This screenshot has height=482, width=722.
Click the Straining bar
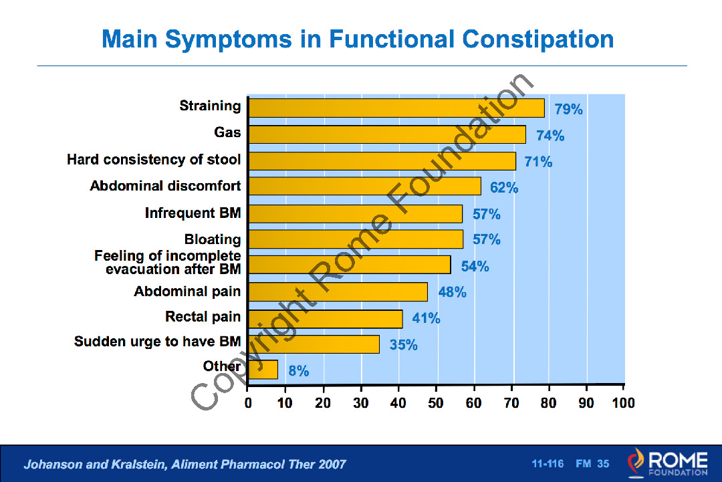coord(396,108)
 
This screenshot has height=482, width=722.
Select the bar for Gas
coord(386,134)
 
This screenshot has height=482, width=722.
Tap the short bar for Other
coord(262,370)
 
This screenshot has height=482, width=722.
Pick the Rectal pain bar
coord(325,319)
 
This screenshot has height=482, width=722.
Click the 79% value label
coord(568,109)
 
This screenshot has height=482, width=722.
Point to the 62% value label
coord(504,188)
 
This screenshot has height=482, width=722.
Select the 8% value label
coord(299,371)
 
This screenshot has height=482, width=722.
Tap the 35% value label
coord(404,345)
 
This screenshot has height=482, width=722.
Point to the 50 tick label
coord(437,403)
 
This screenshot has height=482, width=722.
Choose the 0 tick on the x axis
coord(248,403)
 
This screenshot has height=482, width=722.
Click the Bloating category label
coord(213,239)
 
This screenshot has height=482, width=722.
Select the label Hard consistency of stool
coord(154,160)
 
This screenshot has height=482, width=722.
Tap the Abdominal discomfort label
coord(165,186)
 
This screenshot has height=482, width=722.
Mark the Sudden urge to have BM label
coord(157,342)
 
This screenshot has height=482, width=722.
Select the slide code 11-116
coord(548,464)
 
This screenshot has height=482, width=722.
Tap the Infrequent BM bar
coord(355,214)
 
